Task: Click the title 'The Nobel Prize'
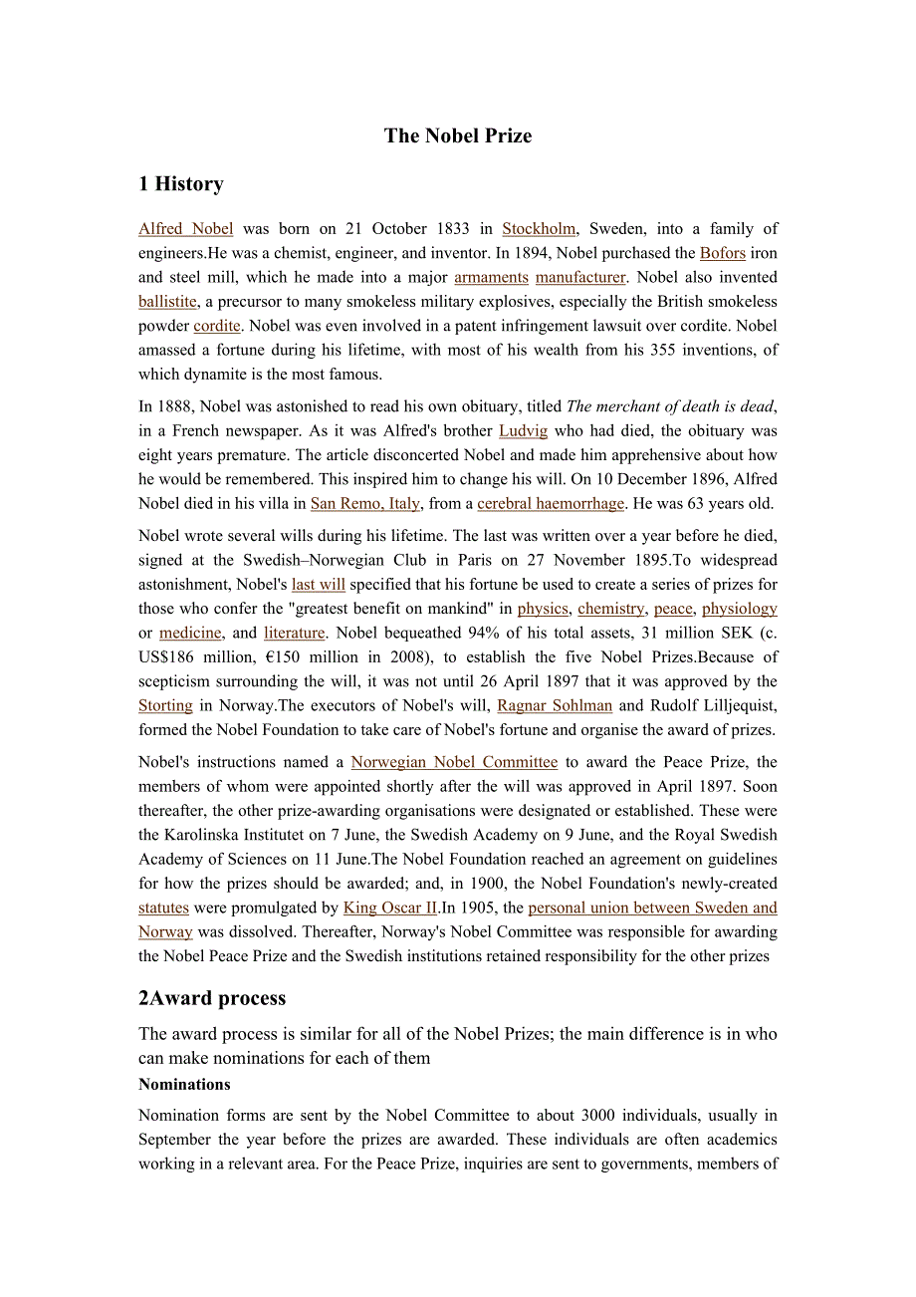click(x=458, y=136)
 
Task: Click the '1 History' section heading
click(x=181, y=184)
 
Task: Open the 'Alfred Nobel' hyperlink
click(x=186, y=229)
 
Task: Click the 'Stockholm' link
click(x=539, y=229)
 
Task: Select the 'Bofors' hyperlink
click(x=723, y=253)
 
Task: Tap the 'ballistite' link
click(x=167, y=302)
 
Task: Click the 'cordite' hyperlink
click(x=217, y=326)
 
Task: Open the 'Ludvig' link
click(x=523, y=431)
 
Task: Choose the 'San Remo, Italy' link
click(x=365, y=504)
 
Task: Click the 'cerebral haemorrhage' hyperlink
click(x=551, y=504)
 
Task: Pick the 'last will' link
click(x=319, y=585)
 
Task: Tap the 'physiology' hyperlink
click(x=740, y=609)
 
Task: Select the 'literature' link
click(x=295, y=633)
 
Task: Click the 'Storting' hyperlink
click(x=165, y=705)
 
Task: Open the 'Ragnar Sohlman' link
click(x=555, y=705)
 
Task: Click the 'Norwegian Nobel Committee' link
click(x=454, y=762)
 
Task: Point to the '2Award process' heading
click(x=212, y=998)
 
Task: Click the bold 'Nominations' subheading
click(x=184, y=1085)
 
